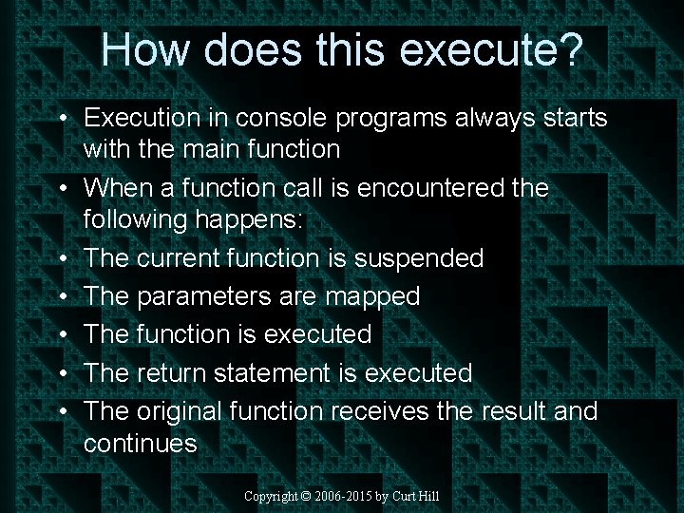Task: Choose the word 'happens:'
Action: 247,219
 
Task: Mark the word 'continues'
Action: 140,443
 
